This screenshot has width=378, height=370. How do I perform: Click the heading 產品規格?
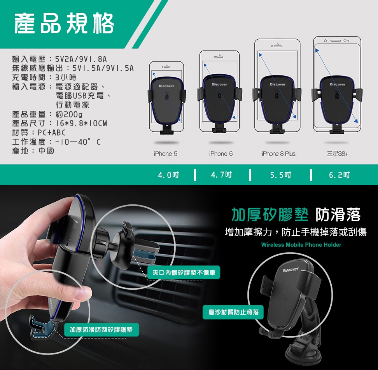tap(64, 23)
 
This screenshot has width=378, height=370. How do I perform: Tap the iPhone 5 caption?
tap(165, 154)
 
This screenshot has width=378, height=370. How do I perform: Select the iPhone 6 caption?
tap(221, 154)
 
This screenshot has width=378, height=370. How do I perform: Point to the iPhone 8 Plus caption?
tap(278, 154)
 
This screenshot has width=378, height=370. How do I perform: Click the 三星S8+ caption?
tap(338, 154)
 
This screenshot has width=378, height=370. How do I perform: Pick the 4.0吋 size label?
tap(168, 175)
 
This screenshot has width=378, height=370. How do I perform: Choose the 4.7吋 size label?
tap(221, 175)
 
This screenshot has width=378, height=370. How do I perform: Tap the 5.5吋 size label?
tap(281, 175)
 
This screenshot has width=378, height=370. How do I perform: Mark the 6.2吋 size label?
tap(339, 175)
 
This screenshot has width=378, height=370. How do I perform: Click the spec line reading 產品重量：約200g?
tap(47, 114)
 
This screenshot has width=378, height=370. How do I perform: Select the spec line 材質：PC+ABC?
tap(39, 133)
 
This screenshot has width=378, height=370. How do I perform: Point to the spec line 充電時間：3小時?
tap(44, 77)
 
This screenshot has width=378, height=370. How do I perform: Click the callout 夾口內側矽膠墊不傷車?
tap(184, 272)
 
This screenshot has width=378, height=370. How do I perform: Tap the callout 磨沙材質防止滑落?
tap(233, 312)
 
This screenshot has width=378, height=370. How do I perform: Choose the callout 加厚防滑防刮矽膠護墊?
tap(101, 330)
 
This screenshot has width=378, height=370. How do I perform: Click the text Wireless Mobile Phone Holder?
tap(301, 245)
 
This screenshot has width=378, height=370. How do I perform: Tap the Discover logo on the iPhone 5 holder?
tap(166, 86)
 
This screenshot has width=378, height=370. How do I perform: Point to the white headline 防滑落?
tap(338, 215)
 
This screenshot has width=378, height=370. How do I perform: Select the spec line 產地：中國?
tap(33, 151)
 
